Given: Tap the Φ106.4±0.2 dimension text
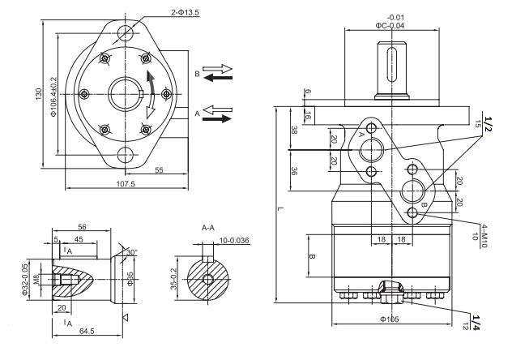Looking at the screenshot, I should [54, 96].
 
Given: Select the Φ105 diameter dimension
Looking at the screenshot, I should [388, 318].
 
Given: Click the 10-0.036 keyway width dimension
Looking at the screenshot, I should [235, 242].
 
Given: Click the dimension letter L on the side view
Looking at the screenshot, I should [280, 209].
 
